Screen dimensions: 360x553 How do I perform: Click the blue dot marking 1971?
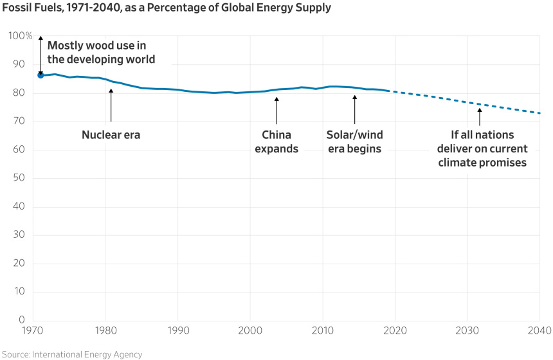[x=41, y=75]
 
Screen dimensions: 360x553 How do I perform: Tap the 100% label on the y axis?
[x=21, y=36]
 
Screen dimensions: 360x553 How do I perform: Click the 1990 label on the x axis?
[x=177, y=330]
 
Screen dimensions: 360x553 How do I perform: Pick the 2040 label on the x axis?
[x=539, y=330]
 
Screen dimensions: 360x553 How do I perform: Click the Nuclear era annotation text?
[x=111, y=135]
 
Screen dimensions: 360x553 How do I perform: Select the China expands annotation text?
[x=276, y=141]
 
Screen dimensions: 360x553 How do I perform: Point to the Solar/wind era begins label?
[x=354, y=141]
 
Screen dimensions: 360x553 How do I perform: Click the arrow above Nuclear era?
[x=111, y=105]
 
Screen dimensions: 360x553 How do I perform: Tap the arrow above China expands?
[x=276, y=109]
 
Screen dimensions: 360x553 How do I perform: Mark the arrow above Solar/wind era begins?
[x=354, y=109]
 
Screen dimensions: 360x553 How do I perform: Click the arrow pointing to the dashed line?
[x=479, y=116]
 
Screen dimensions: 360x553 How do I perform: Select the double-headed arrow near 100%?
[x=41, y=55]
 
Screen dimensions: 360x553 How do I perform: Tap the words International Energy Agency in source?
[x=87, y=354]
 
